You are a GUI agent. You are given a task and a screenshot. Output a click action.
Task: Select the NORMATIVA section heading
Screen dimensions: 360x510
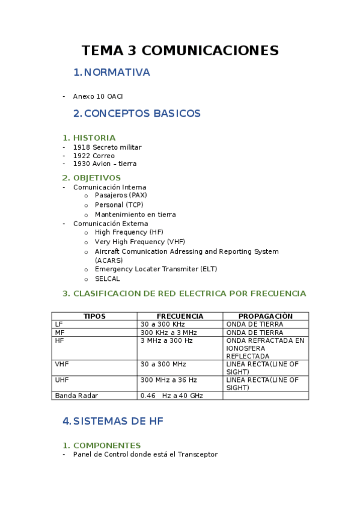[117, 73]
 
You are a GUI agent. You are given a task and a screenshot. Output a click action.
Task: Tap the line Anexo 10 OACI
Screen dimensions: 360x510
[98, 96]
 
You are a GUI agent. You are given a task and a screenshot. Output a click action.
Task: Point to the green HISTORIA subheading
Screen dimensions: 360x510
[94, 138]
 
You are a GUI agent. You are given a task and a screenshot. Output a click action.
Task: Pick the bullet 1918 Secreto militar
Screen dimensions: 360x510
[107, 147]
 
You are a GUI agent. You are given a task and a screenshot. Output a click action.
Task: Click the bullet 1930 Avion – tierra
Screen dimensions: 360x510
[105, 164]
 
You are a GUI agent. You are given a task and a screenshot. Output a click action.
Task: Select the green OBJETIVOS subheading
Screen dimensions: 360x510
[97, 178]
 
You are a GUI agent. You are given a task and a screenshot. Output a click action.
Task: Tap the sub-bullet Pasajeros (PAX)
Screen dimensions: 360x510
[121, 195]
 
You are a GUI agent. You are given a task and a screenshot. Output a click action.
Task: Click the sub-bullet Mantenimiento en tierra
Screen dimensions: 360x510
[135, 214]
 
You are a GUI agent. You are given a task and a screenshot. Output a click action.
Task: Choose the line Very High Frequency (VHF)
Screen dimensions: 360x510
[140, 242]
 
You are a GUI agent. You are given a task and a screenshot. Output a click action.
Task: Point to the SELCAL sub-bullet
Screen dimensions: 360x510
[108, 279]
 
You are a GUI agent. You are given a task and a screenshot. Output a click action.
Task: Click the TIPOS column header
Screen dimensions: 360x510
[94, 316]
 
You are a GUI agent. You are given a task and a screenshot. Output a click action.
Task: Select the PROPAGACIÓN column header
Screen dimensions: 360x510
[265, 316]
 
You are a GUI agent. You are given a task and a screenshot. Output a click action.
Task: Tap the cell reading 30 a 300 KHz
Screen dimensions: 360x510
[162, 324]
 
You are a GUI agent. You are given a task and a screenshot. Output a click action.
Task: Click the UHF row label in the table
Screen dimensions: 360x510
[62, 380]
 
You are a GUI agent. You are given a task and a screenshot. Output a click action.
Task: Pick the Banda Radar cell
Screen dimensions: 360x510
[76, 396]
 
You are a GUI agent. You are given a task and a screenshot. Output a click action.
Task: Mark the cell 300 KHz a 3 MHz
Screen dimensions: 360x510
[168, 333]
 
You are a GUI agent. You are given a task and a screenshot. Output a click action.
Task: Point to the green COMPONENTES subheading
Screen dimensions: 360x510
[106, 446]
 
